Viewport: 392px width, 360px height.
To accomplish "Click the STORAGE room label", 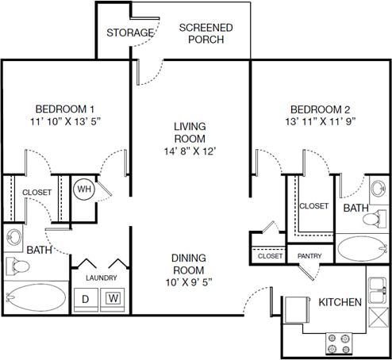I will tap(130, 33).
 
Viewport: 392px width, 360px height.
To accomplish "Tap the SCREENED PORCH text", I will tap(206, 33).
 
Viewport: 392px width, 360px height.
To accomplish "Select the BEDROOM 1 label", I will tap(65, 109).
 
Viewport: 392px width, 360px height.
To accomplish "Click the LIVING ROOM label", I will tap(190, 132).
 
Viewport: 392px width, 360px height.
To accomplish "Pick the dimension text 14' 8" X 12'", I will tap(190, 151).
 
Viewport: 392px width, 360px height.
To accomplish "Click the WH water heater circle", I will tap(84, 190).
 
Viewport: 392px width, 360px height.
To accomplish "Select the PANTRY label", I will tap(309, 256).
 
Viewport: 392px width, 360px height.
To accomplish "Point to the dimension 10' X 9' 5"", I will tap(189, 281).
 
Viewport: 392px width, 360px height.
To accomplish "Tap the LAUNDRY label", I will tap(102, 278).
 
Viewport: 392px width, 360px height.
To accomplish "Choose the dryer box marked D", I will tap(86, 299).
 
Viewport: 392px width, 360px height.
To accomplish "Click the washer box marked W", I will tap(113, 299).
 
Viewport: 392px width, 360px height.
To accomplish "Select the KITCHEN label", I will tap(340, 302).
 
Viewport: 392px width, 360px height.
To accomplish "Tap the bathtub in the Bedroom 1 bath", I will tap(35, 297).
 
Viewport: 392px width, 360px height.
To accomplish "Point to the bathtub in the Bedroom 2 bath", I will tap(363, 249).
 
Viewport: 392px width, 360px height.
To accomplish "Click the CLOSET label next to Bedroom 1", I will tap(37, 193).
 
